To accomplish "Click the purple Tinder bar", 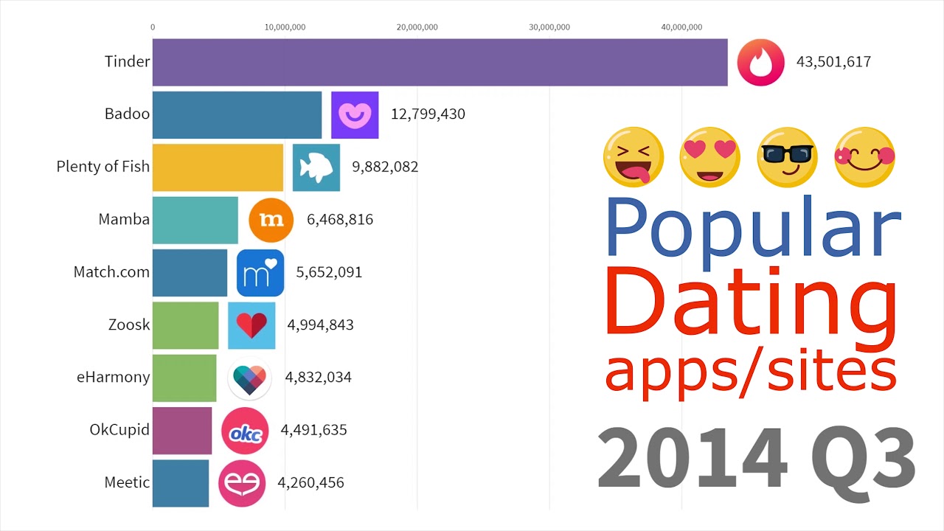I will click(440, 62).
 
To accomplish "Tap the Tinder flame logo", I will click(760, 62).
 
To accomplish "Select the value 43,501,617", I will click(833, 62).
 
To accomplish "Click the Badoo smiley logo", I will click(355, 114).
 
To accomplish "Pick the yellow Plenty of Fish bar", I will click(218, 167).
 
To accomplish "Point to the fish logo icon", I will click(316, 167).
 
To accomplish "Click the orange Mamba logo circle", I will click(271, 220).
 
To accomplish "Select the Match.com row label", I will click(111, 272).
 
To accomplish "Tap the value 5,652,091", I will click(329, 272).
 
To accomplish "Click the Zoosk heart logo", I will click(251, 325).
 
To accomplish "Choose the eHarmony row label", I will click(113, 377).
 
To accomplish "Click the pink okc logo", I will click(245, 431).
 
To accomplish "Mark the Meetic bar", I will click(181, 483).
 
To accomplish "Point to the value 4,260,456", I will click(310, 483).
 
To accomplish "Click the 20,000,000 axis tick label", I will click(417, 27).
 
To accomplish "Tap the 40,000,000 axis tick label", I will click(681, 27).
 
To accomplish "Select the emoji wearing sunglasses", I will click(786, 156).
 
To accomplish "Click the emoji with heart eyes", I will click(710, 156).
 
